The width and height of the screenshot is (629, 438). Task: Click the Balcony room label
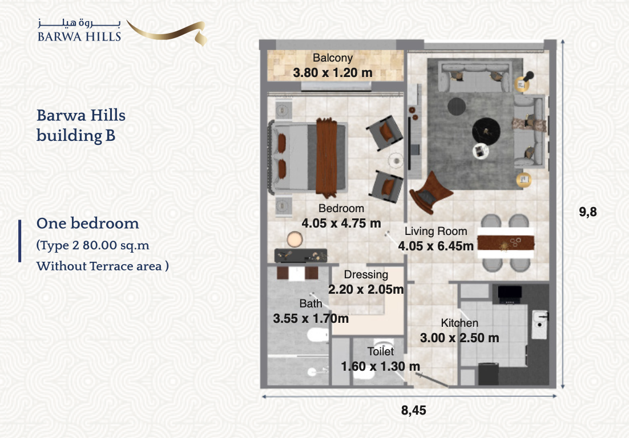pyautogui.click(x=333, y=58)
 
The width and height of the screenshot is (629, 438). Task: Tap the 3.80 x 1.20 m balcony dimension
pyautogui.click(x=333, y=73)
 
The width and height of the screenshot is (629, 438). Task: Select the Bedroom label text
pyautogui.click(x=341, y=208)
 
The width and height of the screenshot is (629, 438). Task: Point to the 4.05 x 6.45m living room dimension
pyautogui.click(x=436, y=246)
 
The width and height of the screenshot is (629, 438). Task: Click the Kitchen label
pyautogui.click(x=459, y=323)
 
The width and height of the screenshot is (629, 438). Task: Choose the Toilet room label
pyautogui.click(x=381, y=351)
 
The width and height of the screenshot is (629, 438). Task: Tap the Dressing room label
pyautogui.click(x=366, y=275)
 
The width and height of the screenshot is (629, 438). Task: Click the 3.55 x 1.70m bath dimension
pyautogui.click(x=311, y=319)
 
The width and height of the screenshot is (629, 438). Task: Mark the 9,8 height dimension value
pyautogui.click(x=588, y=212)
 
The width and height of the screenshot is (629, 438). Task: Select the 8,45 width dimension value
pyautogui.click(x=414, y=411)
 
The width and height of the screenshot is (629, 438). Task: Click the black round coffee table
pyautogui.click(x=486, y=131)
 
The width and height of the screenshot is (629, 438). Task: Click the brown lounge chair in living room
pyautogui.click(x=430, y=192)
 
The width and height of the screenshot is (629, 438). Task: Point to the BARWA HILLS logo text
pyautogui.click(x=79, y=37)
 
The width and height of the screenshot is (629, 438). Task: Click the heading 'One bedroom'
pyautogui.click(x=88, y=223)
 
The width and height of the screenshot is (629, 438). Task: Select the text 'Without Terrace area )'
pyautogui.click(x=103, y=266)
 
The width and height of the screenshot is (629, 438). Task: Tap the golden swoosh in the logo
pyautogui.click(x=168, y=32)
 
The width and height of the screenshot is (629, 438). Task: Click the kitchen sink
pyautogui.click(x=540, y=324)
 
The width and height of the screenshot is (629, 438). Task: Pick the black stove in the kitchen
pyautogui.click(x=510, y=294)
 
